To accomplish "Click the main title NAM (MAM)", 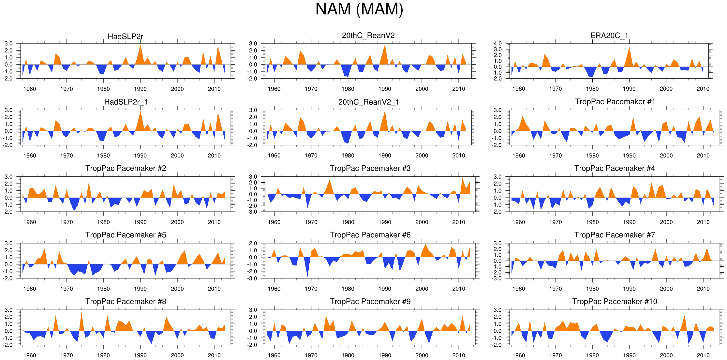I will pos(359,9).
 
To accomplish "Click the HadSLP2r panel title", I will pos(126,37).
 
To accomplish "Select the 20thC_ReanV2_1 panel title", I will pos(369,102).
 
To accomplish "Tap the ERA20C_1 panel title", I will pos(609,36).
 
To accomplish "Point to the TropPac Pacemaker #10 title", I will pos(615,302).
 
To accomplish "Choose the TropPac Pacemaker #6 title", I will pos(370,235).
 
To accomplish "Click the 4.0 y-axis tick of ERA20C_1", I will pos(497,43).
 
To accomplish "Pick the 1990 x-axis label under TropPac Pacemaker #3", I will pos(385,222).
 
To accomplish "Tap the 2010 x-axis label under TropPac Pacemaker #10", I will pos(703,355).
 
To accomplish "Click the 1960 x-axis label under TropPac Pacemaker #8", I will pos(30,355).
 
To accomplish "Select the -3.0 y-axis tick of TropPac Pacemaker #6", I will pos(253,278).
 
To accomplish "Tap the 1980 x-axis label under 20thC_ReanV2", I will pos(348,89).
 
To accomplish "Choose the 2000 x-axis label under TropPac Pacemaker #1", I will pos(666,156).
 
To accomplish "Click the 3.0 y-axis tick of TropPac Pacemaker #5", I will pos(9,244).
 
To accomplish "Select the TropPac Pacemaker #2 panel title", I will pos(126,169).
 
